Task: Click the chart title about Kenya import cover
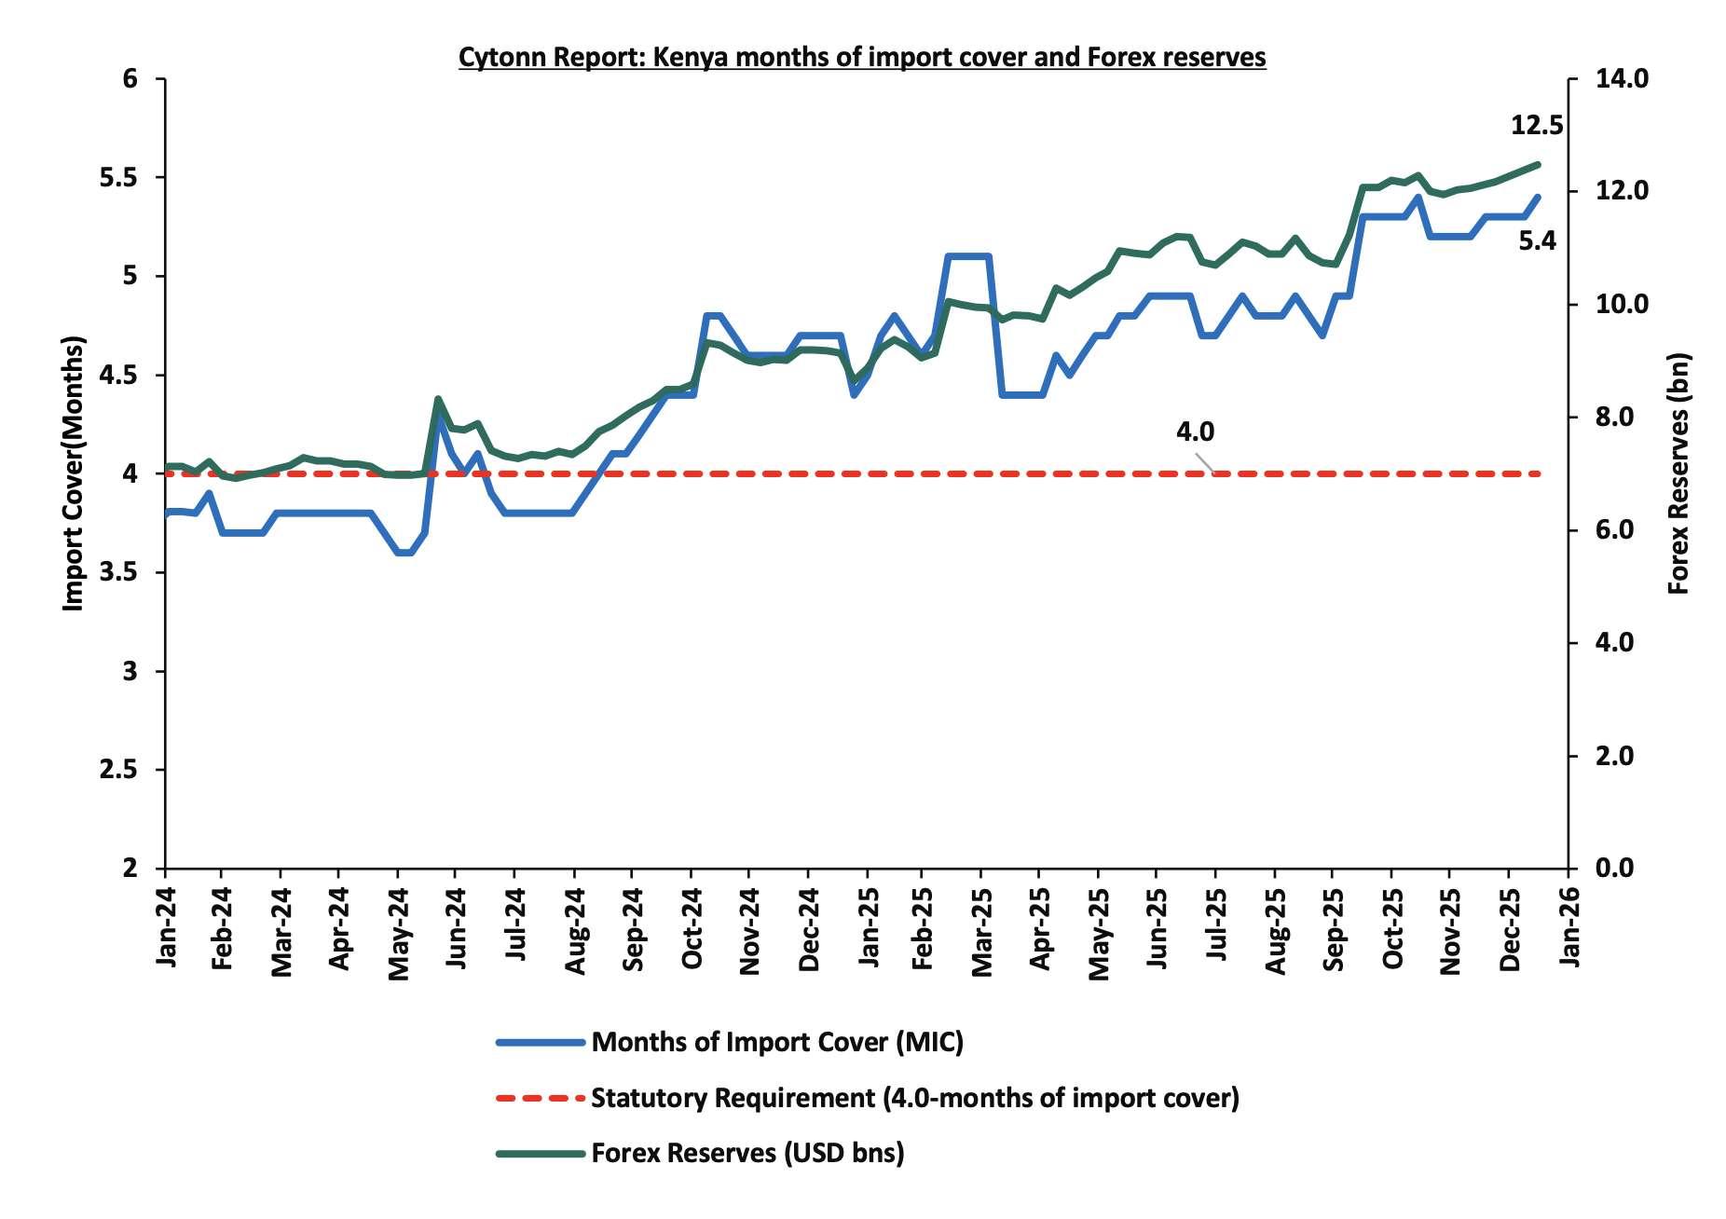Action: click(x=861, y=58)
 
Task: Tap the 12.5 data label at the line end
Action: click(x=1536, y=125)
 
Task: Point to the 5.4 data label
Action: click(x=1537, y=241)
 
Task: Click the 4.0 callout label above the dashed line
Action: click(x=1195, y=431)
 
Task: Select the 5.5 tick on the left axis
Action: click(x=118, y=178)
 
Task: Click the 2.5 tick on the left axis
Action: click(x=118, y=770)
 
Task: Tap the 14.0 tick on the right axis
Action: click(x=1622, y=79)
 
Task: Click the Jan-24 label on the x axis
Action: click(x=166, y=927)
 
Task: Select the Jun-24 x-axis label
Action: click(x=457, y=928)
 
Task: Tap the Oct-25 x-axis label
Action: click(x=1392, y=928)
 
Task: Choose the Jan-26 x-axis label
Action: click(x=1569, y=927)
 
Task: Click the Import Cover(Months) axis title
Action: click(x=73, y=473)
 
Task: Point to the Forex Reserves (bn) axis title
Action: click(x=1678, y=473)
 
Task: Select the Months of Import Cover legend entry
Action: click(x=776, y=1042)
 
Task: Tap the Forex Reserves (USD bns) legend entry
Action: click(x=747, y=1154)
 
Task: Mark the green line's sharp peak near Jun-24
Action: click(x=438, y=399)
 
